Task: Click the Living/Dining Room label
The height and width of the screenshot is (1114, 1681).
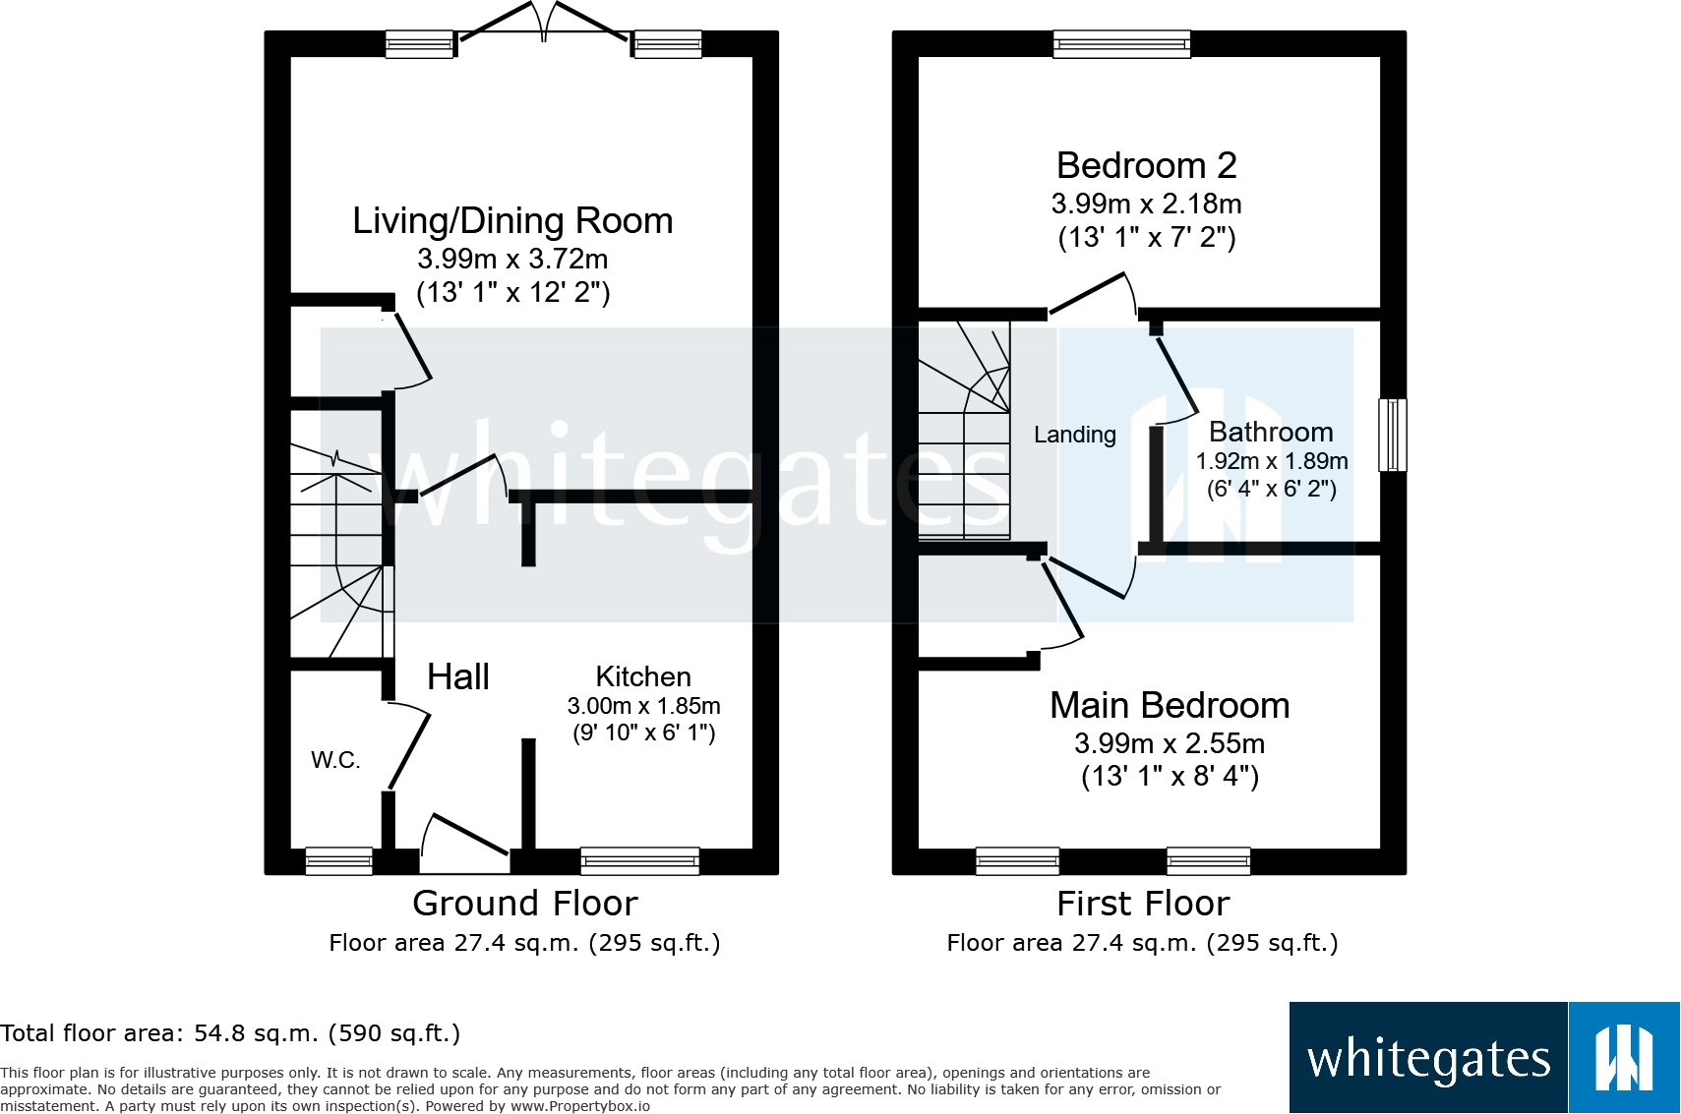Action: (512, 221)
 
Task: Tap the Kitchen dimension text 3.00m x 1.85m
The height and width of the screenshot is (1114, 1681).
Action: (644, 706)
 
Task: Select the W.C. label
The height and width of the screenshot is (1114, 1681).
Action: (335, 760)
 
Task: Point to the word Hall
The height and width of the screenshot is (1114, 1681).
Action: (457, 676)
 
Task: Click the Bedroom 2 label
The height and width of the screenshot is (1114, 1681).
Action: (1147, 166)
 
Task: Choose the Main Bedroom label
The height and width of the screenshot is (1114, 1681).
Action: (1170, 706)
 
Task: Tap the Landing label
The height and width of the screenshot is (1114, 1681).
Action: (1075, 435)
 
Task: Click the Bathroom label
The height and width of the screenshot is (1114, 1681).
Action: (1271, 432)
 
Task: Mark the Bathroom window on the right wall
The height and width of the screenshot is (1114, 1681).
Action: (1392, 436)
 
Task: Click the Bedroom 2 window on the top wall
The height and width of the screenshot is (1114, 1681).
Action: (1122, 44)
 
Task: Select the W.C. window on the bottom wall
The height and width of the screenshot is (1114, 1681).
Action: (339, 861)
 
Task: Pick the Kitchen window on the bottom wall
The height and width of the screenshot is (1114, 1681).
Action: (640, 861)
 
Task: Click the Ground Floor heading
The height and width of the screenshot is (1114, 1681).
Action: (525, 904)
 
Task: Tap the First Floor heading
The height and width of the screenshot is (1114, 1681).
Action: (1143, 904)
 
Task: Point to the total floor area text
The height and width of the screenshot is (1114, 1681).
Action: (229, 1033)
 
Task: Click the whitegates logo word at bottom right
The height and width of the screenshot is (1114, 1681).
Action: (1429, 1059)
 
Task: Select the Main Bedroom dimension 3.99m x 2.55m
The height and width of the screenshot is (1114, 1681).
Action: (1170, 743)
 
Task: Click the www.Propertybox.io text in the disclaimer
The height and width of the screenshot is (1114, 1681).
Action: (580, 1106)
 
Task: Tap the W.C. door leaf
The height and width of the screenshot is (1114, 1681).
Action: (409, 751)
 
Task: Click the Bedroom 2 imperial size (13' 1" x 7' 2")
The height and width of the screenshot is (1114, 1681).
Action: (1147, 238)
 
